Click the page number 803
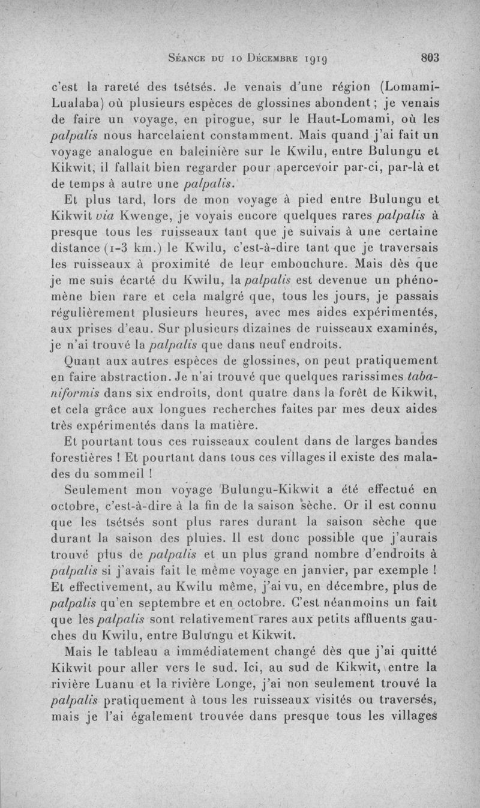pyautogui.click(x=431, y=59)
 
